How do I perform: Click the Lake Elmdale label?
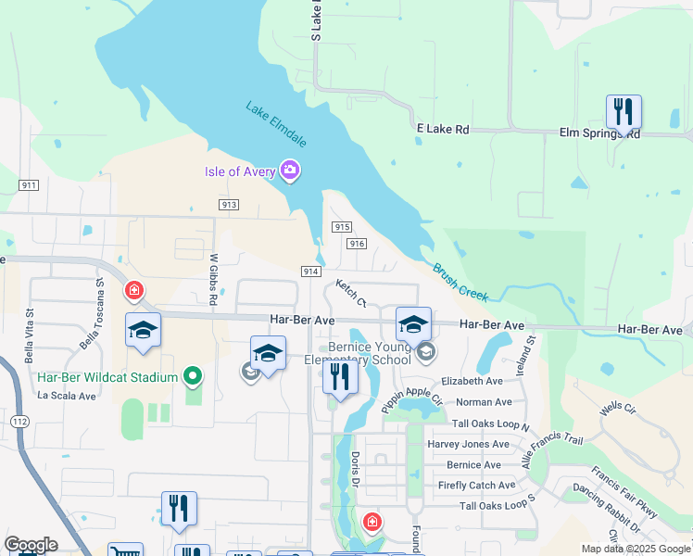(x=276, y=123)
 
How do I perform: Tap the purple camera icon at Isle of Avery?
(x=290, y=171)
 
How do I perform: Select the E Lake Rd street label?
(x=443, y=130)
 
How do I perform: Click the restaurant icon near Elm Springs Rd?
(x=624, y=112)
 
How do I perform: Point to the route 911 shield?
(x=29, y=185)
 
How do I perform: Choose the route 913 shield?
(x=230, y=204)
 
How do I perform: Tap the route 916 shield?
(x=357, y=244)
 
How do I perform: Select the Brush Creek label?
(x=460, y=281)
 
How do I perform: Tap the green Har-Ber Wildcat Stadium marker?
(x=192, y=376)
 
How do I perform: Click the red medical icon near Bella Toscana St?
(x=134, y=292)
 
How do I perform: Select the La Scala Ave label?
(x=67, y=396)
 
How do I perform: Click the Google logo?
(x=31, y=545)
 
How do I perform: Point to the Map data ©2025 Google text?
(x=635, y=549)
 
